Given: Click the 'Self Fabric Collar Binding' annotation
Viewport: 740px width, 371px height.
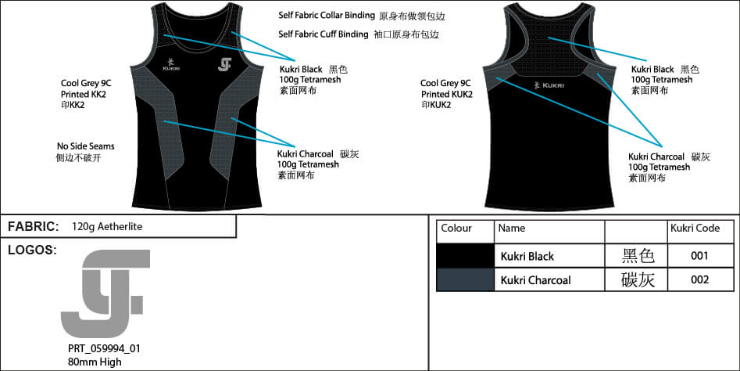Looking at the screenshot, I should (x=328, y=16).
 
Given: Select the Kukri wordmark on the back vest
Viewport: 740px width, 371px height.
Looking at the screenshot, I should (x=548, y=84).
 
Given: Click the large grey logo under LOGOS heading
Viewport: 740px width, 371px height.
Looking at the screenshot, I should (x=104, y=292).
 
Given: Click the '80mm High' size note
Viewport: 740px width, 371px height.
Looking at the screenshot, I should (x=95, y=362).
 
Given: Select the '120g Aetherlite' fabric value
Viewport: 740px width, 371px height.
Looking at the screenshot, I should (x=107, y=227).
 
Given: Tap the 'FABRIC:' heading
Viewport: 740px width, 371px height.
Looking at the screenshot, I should (x=34, y=227).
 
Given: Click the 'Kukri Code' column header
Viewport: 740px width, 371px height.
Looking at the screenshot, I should (x=695, y=229).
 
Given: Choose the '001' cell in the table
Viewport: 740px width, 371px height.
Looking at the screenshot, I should (x=699, y=256).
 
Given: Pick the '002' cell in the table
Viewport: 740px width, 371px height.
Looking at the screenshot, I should (x=699, y=279).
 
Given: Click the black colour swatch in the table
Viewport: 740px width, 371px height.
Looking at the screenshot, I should (x=465, y=256).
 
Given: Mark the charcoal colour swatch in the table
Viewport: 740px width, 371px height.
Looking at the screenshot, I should (x=465, y=279).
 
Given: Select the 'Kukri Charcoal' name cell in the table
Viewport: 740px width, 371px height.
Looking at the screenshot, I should (x=535, y=280).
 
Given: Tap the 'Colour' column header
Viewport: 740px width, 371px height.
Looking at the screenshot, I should (x=456, y=229).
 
